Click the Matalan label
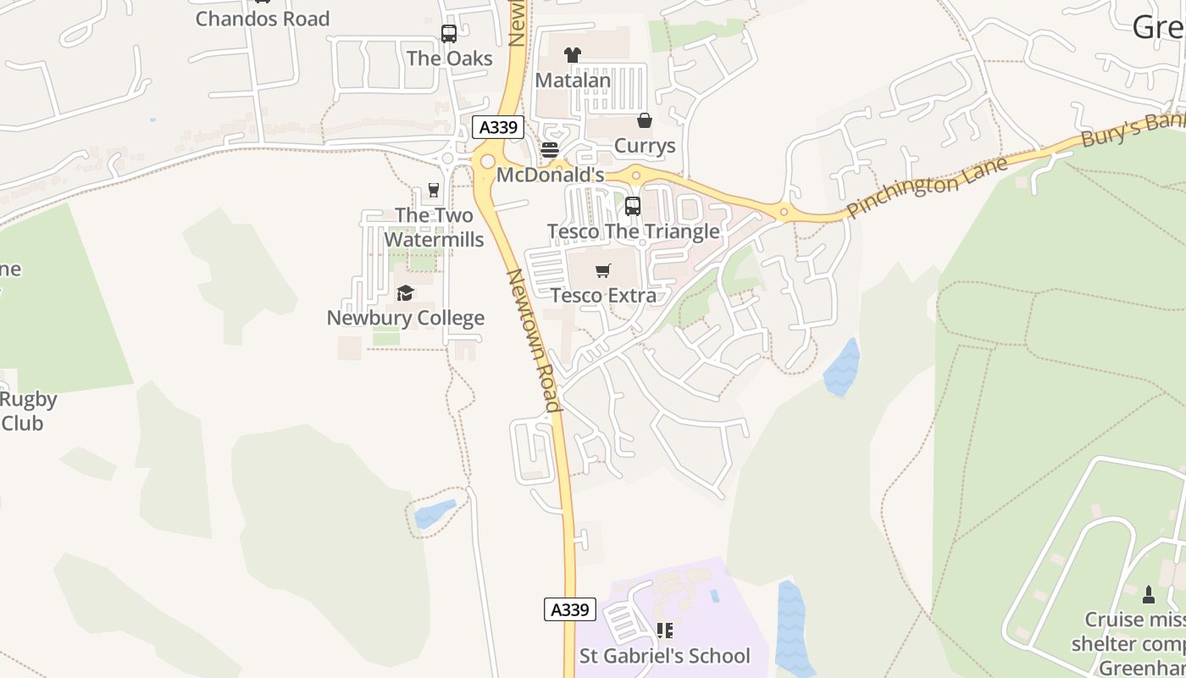click(573, 81)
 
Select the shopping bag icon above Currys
click(645, 121)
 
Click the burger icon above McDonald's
click(550, 151)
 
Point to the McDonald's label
click(550, 175)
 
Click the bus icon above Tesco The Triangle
click(633, 206)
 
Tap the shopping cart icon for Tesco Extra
click(602, 271)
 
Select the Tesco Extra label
click(603, 296)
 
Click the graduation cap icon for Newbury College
click(405, 293)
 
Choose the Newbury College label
click(406, 319)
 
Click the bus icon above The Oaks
click(449, 34)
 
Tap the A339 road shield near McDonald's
click(498, 128)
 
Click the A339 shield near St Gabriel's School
click(569, 609)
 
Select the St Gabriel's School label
click(665, 656)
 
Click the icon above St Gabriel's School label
click(665, 631)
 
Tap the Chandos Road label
click(263, 19)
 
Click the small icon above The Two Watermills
click(435, 190)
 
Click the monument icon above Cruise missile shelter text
click(1149, 594)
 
